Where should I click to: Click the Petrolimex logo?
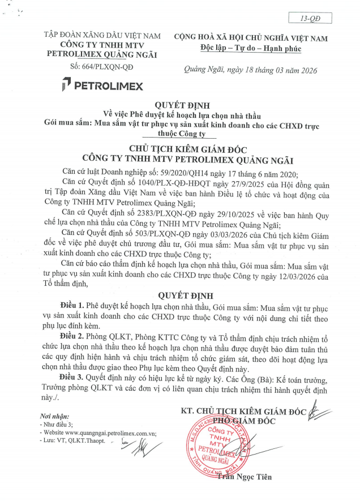[102, 85]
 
